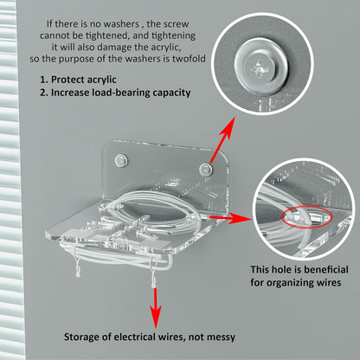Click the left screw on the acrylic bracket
(121, 160)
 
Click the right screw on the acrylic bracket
(206, 170)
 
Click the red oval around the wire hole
(306, 216)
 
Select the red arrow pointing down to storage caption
(156, 307)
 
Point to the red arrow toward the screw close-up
(222, 139)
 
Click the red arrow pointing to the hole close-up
(230, 218)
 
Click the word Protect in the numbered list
(68, 80)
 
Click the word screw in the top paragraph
(176, 24)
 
